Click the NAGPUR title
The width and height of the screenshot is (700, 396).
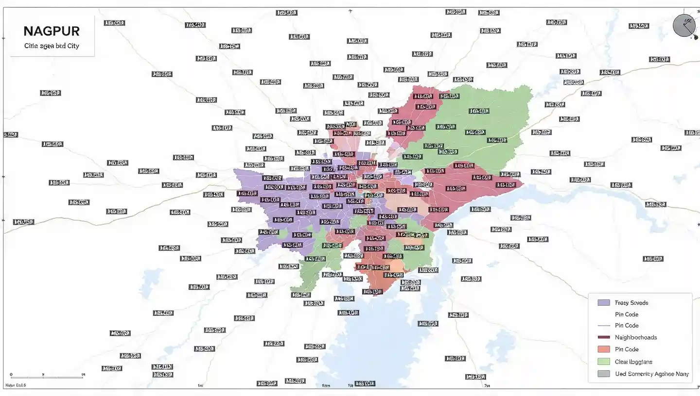tap(52, 31)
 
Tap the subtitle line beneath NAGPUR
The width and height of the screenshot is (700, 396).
tap(52, 46)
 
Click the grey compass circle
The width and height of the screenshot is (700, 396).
tap(683, 25)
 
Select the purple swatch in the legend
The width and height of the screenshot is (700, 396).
tap(603, 302)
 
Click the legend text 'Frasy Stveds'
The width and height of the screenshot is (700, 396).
tap(631, 303)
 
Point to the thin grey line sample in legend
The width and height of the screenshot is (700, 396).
tap(603, 326)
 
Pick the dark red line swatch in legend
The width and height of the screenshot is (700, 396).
tap(603, 337)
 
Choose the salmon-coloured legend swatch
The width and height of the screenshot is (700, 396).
tap(603, 349)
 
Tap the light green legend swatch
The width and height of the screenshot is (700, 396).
tap(603, 362)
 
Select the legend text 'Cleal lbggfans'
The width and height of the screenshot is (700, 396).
tap(633, 362)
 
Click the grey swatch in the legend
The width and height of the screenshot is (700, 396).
tap(603, 374)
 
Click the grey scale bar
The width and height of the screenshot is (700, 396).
tap(47, 378)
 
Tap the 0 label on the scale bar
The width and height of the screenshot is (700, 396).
tap(11, 374)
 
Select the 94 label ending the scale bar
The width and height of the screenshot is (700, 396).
tap(83, 374)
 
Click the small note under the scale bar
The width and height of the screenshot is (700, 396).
tap(16, 385)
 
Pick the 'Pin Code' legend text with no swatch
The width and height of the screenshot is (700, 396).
tap(627, 314)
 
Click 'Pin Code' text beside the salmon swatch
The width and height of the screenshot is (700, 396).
tap(627, 349)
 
